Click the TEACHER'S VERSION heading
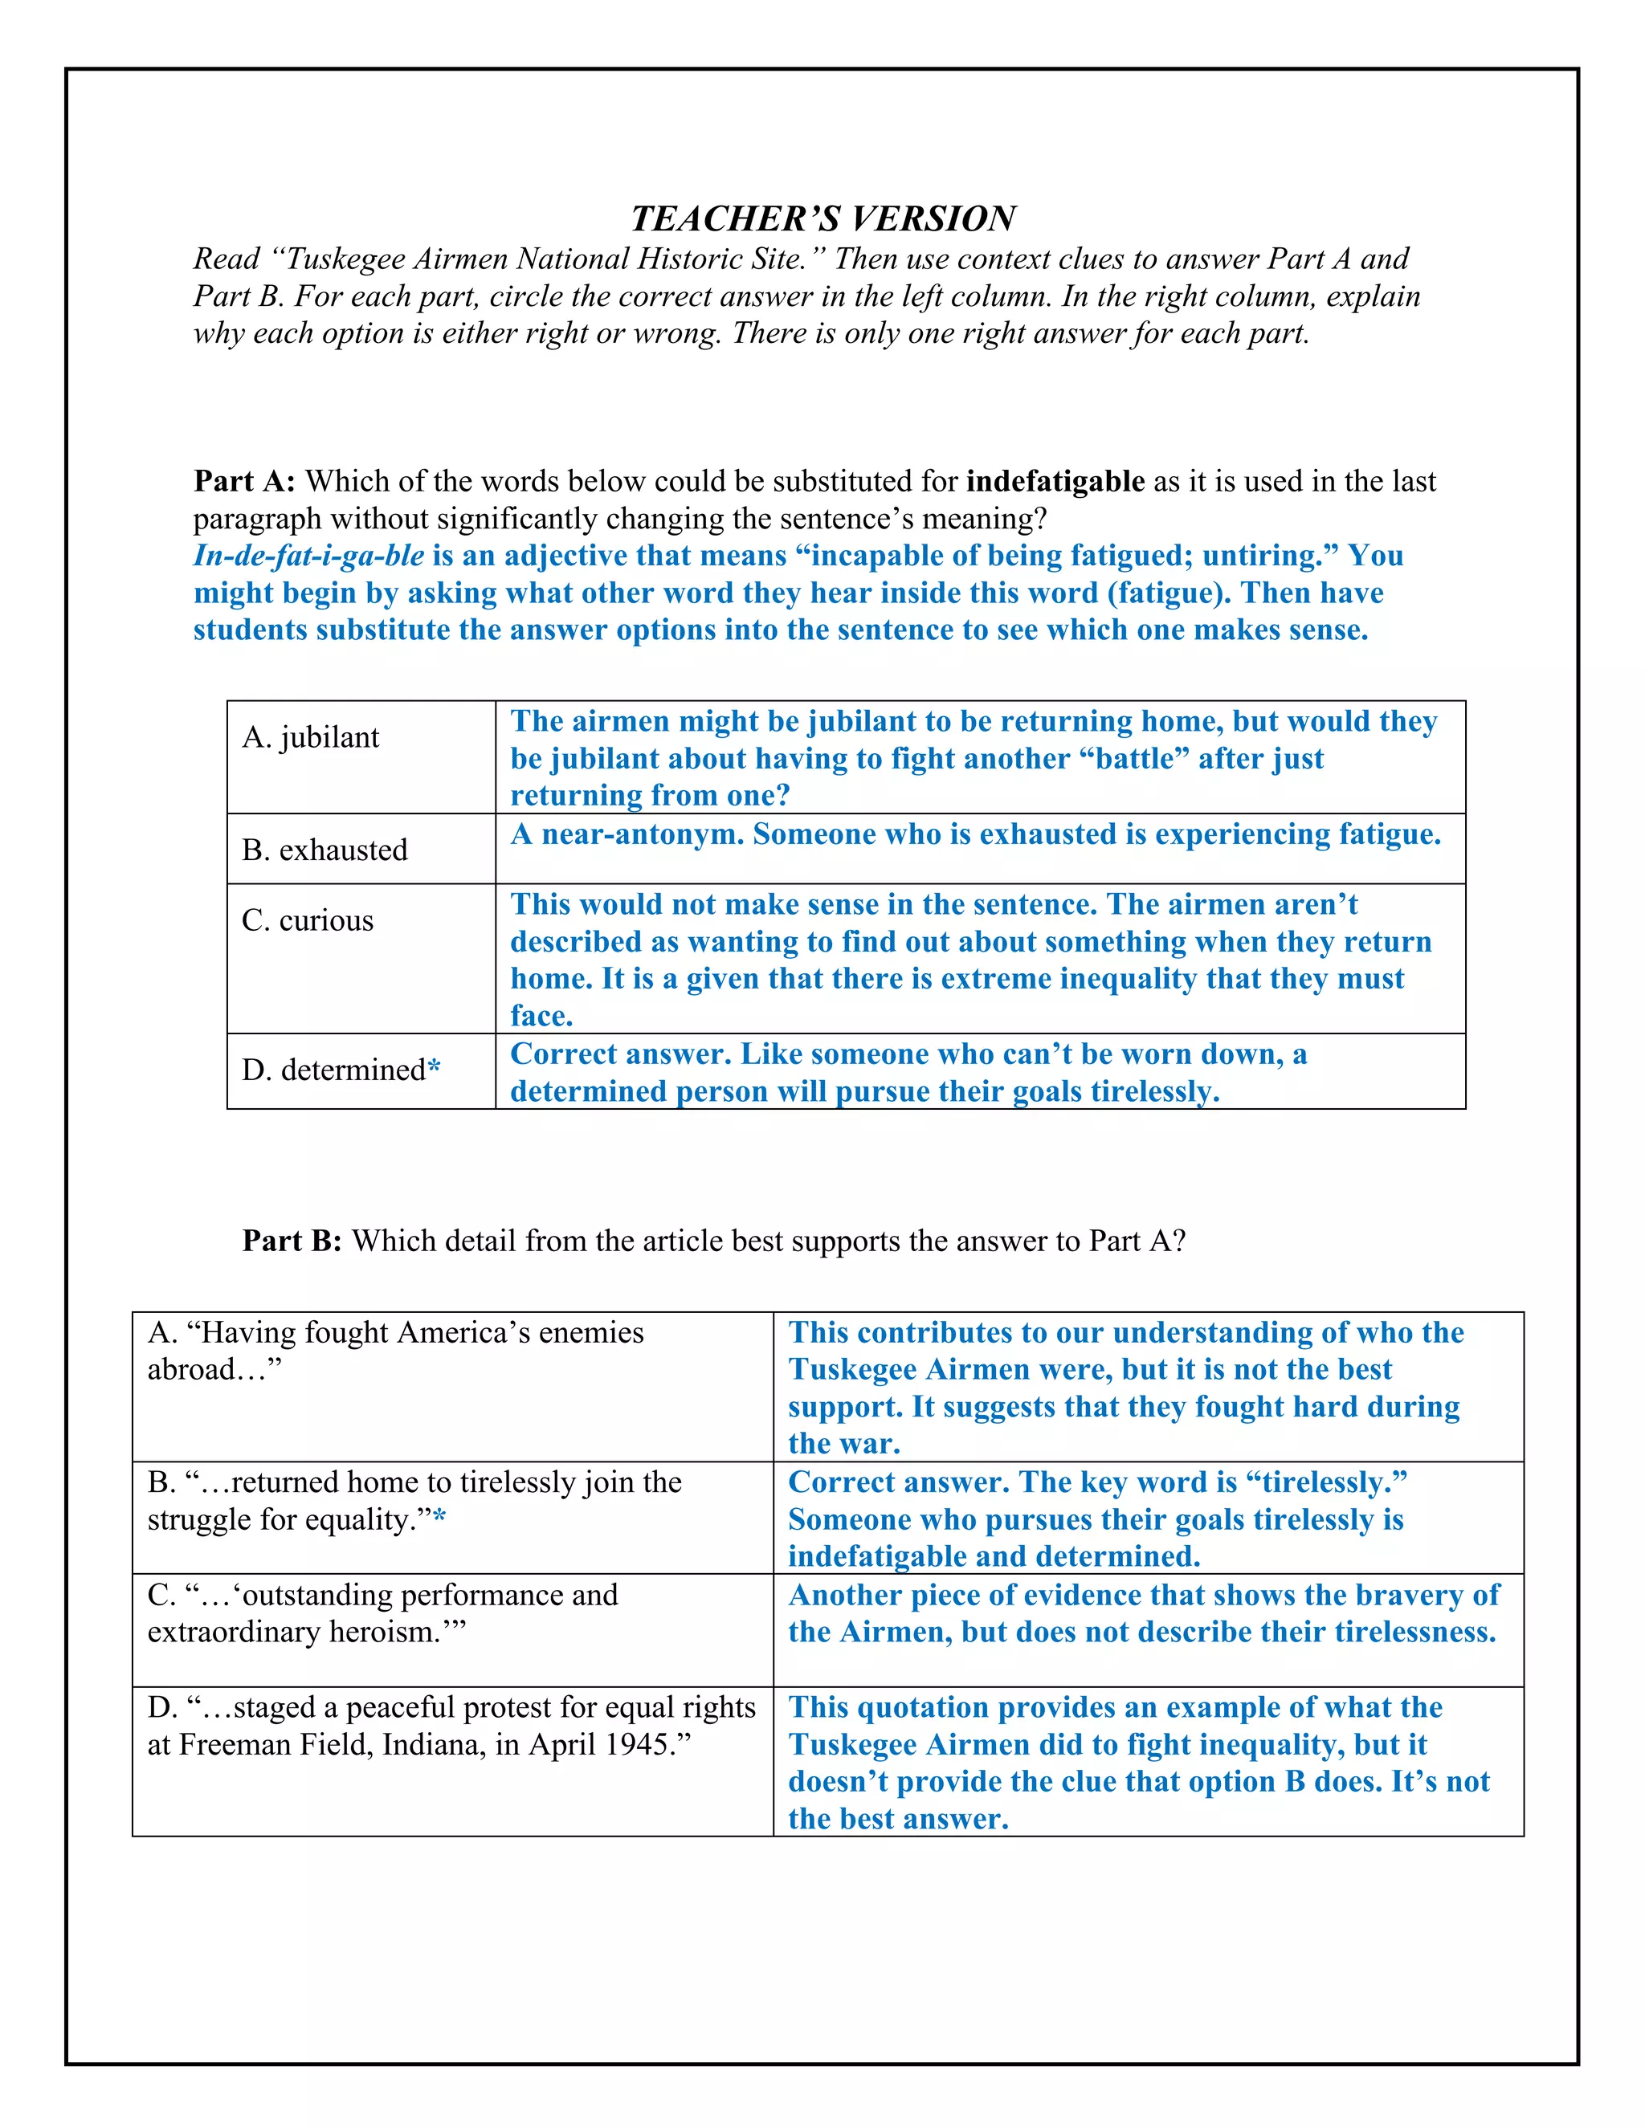(x=822, y=218)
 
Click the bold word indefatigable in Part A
(x=1055, y=481)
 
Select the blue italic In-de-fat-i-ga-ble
(x=308, y=556)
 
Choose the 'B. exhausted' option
(x=325, y=850)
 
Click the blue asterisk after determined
(x=434, y=1069)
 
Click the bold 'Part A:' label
(x=243, y=481)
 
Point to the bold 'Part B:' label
(x=292, y=1241)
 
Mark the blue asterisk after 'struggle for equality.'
(x=439, y=1519)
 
